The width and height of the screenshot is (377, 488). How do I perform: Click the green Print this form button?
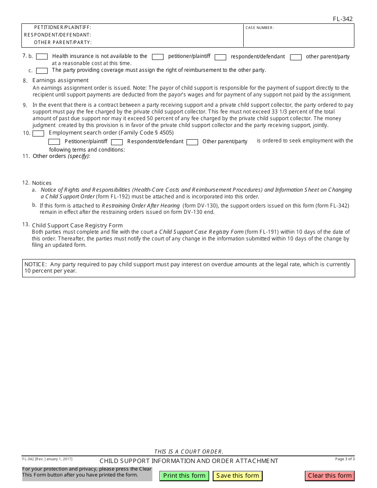184,476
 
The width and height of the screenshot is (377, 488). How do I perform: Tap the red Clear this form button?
330,476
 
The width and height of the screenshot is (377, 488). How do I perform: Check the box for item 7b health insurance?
42,57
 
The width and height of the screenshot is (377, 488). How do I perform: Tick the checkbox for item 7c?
42,71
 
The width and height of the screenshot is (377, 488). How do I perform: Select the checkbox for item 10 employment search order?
38,133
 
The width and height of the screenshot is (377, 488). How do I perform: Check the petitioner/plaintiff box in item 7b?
158,57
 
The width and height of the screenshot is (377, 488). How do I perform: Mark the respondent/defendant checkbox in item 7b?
221,57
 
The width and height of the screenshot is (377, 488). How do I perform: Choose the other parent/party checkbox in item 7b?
296,57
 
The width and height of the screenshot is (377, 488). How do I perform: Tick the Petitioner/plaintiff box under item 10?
54,142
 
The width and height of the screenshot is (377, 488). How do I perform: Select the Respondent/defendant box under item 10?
117,142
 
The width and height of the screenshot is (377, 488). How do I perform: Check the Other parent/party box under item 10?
192,142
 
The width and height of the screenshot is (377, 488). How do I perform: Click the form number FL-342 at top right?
342,19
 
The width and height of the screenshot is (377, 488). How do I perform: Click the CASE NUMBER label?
260,28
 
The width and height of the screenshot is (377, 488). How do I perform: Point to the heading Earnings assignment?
60,80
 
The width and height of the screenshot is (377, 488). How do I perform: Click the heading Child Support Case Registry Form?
77,225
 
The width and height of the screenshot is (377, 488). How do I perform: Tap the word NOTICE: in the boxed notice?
36,264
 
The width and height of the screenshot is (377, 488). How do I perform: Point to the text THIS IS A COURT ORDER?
188,451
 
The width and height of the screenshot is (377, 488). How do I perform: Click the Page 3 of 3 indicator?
345,459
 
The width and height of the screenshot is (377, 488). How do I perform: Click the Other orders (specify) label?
61,156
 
